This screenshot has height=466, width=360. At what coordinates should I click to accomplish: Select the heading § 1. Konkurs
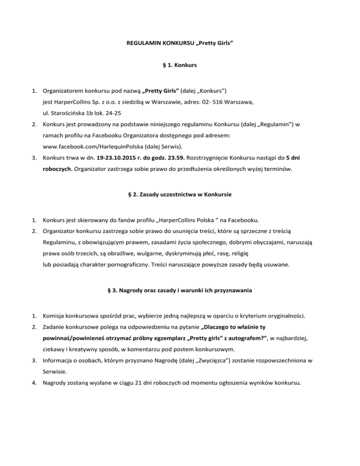click(x=180, y=66)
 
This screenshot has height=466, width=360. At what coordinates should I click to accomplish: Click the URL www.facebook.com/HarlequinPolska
click(x=90, y=147)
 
